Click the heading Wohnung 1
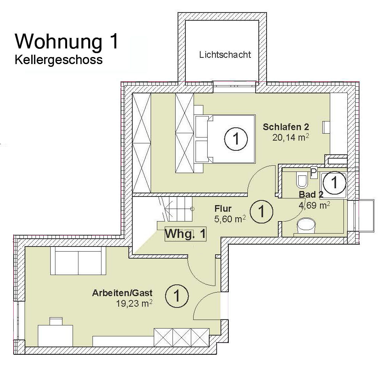67,41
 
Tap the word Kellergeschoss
59,60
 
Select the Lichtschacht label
225,54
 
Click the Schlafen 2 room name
286,127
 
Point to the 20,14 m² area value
290,137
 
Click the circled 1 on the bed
236,139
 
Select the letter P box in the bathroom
313,173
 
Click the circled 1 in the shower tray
334,183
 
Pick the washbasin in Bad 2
306,225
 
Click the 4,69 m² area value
314,205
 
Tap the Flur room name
223,209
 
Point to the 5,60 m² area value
230,219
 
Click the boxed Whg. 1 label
185,234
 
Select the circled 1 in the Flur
261,211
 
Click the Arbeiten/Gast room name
122,293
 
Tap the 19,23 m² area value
134,304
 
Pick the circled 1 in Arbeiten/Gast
177,296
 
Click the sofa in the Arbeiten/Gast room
78,261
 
